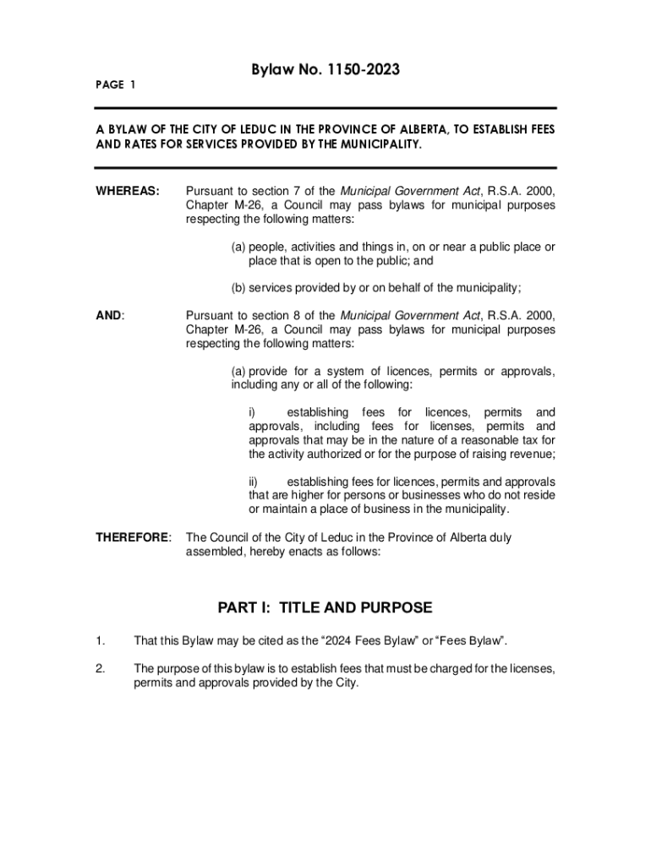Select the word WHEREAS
(128, 192)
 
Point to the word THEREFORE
(132, 538)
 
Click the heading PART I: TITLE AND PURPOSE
(325, 607)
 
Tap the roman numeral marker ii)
(254, 481)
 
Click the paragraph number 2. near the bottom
(100, 669)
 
